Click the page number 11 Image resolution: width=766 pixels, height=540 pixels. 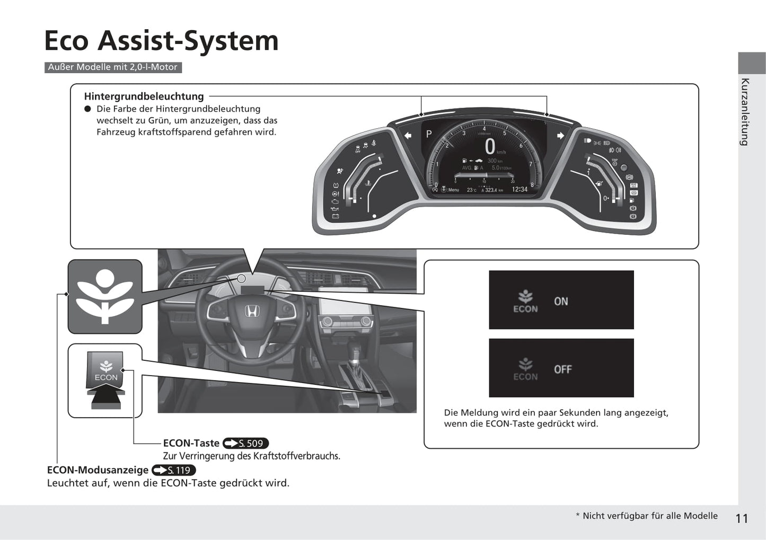point(742,518)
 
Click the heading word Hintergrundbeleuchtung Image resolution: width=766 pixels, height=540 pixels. point(144,96)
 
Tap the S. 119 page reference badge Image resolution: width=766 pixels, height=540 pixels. point(173,470)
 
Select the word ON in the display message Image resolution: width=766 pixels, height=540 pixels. point(561,301)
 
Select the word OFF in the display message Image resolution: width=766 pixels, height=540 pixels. point(562,369)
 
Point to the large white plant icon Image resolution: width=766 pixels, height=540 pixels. point(105,296)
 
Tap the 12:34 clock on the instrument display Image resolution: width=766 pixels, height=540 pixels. point(519,189)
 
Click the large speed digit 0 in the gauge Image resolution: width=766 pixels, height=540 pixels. point(490,147)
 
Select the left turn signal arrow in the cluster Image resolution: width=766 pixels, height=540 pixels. point(408,136)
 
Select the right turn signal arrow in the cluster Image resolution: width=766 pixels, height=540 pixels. point(560,136)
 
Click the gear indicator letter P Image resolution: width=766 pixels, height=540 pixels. point(429,134)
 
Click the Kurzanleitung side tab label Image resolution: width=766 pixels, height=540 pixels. point(745,112)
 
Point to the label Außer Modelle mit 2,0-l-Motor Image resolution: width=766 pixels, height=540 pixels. point(113,67)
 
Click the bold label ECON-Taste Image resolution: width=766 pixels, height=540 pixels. point(191,443)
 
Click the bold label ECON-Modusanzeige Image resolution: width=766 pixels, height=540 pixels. point(98,470)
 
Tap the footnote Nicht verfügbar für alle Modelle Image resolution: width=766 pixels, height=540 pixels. point(649,516)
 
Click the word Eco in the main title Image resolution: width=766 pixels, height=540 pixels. point(66,41)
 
